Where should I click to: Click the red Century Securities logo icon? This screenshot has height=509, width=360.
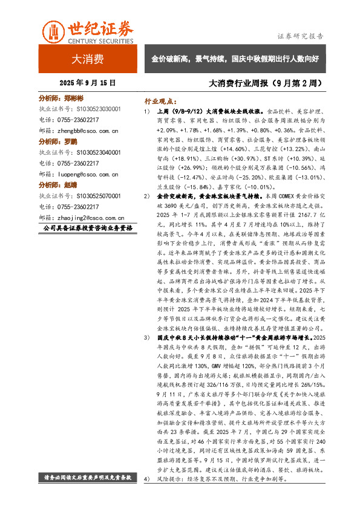pos(54,31)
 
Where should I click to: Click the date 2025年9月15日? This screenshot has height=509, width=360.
pos(88,81)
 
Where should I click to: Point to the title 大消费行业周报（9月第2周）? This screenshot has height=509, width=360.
pos(264,81)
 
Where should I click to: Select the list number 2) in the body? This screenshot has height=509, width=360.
pos(146,197)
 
